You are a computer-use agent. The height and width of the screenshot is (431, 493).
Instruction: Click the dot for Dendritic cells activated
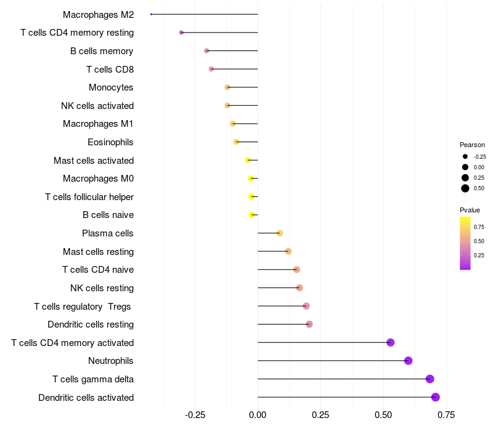pyautogui.click(x=436, y=397)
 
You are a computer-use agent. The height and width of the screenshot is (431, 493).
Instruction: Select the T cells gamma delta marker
pyautogui.click(x=430, y=379)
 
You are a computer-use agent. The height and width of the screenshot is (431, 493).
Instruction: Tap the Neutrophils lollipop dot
pyautogui.click(x=408, y=361)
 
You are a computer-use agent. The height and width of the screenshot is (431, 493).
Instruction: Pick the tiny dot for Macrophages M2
pyautogui.click(x=151, y=14)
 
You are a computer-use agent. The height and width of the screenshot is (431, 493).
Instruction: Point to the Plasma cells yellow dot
pyautogui.click(x=280, y=233)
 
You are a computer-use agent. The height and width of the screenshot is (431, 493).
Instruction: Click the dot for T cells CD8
pyautogui.click(x=211, y=69)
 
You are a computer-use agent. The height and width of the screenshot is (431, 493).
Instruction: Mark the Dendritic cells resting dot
pyautogui.click(x=309, y=324)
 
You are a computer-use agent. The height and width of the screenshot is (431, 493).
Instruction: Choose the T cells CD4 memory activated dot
pyautogui.click(x=390, y=342)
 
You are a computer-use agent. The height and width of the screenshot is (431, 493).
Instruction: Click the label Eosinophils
pyautogui.click(x=110, y=142)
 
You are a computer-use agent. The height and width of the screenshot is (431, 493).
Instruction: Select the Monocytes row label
pyautogui.click(x=111, y=87)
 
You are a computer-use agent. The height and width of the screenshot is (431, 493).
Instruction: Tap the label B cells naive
pyautogui.click(x=108, y=215)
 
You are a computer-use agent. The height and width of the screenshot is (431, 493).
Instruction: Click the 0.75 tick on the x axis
pyautogui.click(x=446, y=414)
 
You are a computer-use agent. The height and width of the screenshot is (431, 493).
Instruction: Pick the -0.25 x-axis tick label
pyautogui.click(x=195, y=414)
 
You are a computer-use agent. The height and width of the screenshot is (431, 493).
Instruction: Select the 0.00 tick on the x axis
pyautogui.click(x=258, y=414)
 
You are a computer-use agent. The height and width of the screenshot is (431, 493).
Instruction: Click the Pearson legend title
pyautogui.click(x=472, y=145)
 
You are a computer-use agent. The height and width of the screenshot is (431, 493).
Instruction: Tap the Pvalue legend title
pyautogui.click(x=470, y=210)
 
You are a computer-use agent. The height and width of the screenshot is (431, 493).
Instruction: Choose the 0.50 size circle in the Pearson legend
pyautogui.click(x=465, y=188)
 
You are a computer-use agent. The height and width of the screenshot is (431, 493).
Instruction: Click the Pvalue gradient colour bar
pyautogui.click(x=465, y=243)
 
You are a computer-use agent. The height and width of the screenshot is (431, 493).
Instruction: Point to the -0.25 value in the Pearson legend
pyautogui.click(x=480, y=156)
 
